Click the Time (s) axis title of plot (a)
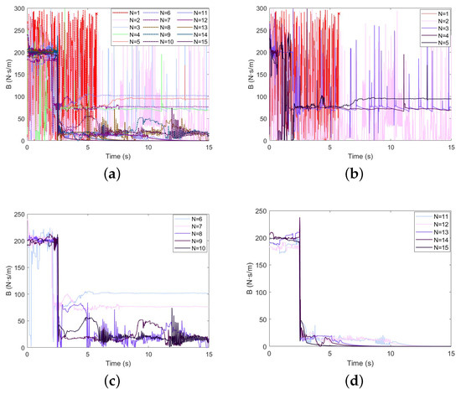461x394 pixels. (x=117, y=157)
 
